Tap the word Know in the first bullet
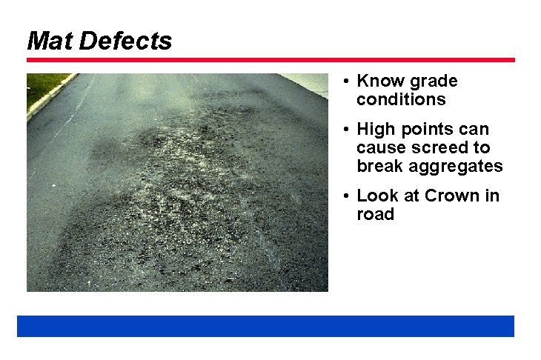click(378, 81)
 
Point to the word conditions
click(401, 99)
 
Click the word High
click(375, 130)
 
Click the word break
click(379, 166)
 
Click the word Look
click(377, 196)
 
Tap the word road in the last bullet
click(375, 214)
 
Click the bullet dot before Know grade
click(346, 81)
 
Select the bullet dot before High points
click(346, 130)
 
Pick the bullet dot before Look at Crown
click(346, 196)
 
